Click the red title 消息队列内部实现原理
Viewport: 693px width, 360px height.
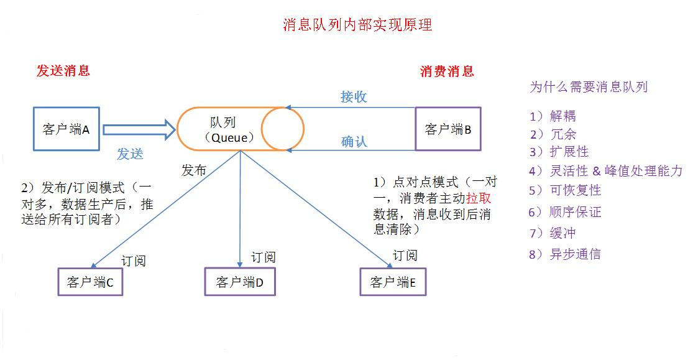coord(357,25)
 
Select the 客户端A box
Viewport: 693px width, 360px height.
coord(66,129)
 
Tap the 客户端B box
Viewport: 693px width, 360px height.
coord(447,129)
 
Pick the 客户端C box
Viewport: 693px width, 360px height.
coord(90,282)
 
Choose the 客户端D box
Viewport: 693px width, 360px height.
coord(240,282)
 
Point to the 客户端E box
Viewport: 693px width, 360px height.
coord(397,282)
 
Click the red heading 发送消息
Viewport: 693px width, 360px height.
coord(63,70)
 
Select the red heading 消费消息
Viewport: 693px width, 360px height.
coord(447,71)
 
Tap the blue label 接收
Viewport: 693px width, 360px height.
coord(354,96)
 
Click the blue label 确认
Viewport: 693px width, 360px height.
coord(354,141)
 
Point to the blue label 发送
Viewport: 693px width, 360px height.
coord(130,154)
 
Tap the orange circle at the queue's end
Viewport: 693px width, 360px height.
coord(283,129)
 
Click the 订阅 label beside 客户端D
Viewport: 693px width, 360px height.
coord(263,257)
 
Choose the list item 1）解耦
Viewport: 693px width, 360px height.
coord(553,116)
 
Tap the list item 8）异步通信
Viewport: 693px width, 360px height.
coord(564,254)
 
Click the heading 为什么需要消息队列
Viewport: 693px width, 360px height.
coord(588,86)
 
